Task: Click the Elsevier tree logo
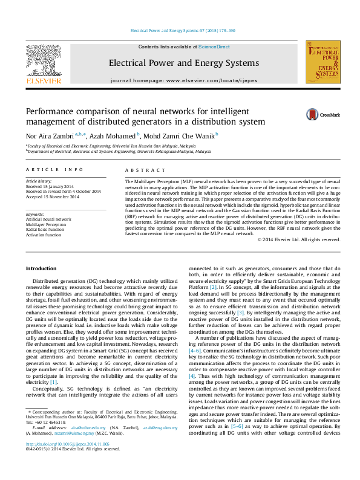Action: pyautogui.click(x=43, y=61)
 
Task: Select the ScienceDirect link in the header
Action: pyautogui.click(x=214, y=47)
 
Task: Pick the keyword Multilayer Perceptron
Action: pyautogui.click(x=45, y=224)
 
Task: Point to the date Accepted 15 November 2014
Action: pyautogui.click(x=52, y=197)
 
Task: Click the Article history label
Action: pyautogui.click(x=38, y=181)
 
